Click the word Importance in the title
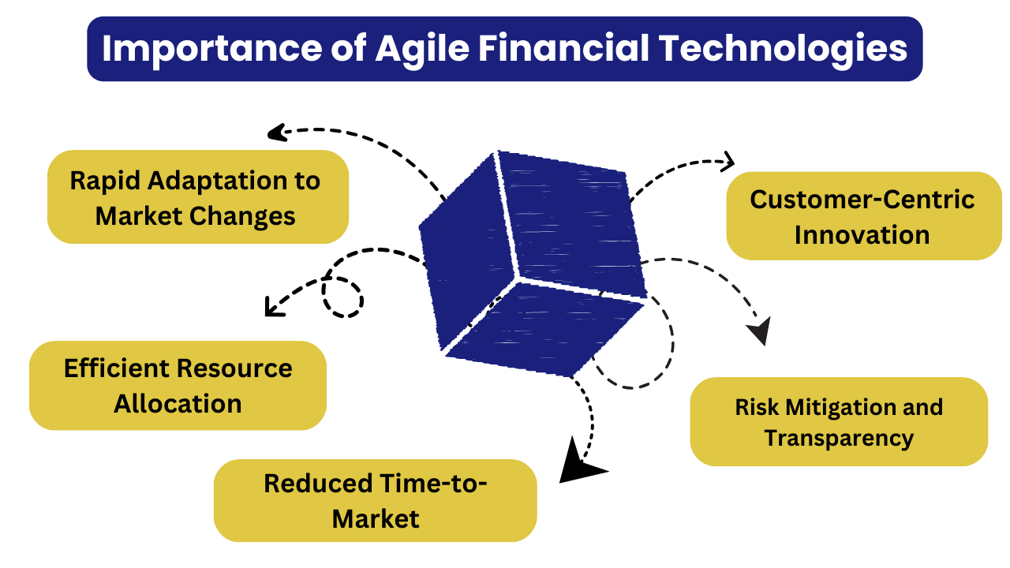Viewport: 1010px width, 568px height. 212,50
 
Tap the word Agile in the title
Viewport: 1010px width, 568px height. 423,50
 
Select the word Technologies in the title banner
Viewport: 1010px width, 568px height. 784,50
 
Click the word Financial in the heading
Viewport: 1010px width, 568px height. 563,48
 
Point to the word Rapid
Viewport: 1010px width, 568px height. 105,181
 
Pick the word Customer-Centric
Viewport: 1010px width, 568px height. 862,200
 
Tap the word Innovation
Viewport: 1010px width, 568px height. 862,235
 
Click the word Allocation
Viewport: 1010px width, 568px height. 178,404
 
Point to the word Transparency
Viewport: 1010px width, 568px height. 839,439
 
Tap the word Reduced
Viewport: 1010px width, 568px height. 318,484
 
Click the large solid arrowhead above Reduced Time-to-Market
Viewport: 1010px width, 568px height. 578,463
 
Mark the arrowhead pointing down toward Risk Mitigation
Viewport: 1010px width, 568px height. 760,330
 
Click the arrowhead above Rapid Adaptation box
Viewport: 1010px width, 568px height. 278,133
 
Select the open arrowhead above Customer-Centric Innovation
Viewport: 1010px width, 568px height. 727,162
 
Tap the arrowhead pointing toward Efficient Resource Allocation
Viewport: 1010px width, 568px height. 273,308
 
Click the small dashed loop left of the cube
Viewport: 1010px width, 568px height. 342,297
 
